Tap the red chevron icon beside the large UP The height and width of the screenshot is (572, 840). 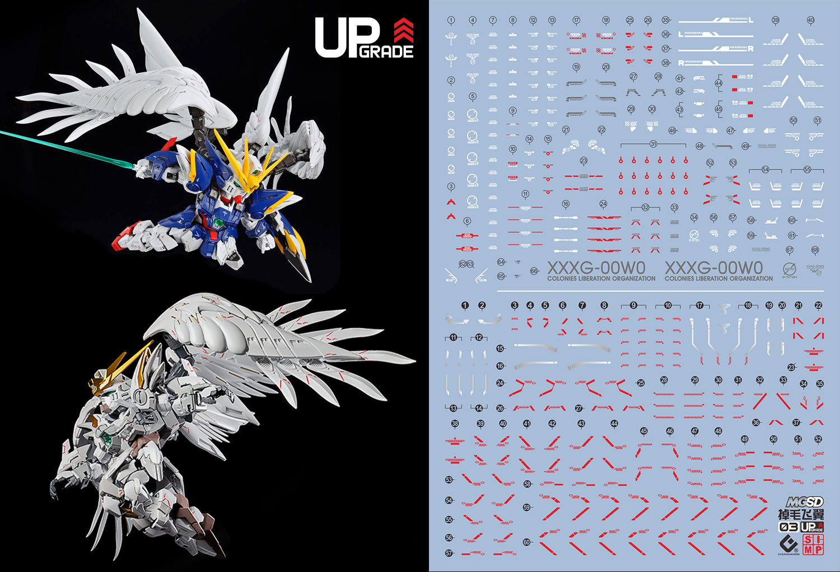click(403, 30)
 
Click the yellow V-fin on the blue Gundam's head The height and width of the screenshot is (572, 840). click(230, 154)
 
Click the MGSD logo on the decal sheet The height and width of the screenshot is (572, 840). click(804, 502)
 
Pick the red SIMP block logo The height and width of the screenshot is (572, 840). click(813, 545)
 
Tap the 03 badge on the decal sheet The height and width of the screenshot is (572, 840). click(788, 527)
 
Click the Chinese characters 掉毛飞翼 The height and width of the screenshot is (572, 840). click(801, 514)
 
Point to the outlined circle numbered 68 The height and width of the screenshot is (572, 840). click(815, 250)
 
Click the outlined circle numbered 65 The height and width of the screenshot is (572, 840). click(501, 276)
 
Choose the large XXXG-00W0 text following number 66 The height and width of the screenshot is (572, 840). click(596, 268)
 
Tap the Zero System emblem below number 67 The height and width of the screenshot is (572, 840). click(790, 269)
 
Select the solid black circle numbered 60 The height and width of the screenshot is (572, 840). click(526, 542)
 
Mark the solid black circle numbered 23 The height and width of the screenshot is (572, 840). click(791, 367)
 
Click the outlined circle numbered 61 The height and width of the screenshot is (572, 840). click(792, 236)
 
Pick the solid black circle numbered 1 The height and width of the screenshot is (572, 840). click(465, 306)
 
